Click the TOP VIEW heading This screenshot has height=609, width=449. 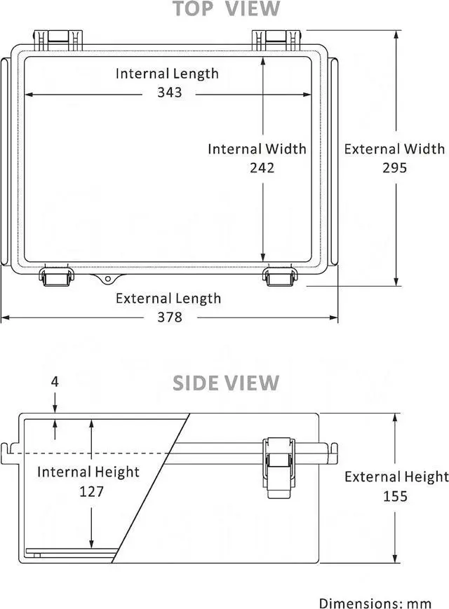tap(226, 9)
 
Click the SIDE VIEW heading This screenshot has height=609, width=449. tap(226, 383)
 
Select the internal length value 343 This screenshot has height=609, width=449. tap(170, 93)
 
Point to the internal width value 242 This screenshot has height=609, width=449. tap(262, 167)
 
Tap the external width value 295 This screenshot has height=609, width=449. tap(395, 167)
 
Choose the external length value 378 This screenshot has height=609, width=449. tap(169, 317)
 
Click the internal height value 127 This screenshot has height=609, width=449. tap(91, 491)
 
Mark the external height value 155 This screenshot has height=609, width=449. tap(396, 496)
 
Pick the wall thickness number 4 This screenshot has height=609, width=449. tap(55, 382)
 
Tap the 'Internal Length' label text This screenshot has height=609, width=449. tap(167, 74)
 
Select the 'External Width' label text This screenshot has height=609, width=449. tap(394, 149)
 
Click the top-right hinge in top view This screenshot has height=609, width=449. tap(276, 39)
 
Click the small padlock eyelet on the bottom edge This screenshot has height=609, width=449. tap(107, 280)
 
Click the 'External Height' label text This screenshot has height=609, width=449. tap(396, 477)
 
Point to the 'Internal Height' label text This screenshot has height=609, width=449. tap(88, 472)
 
